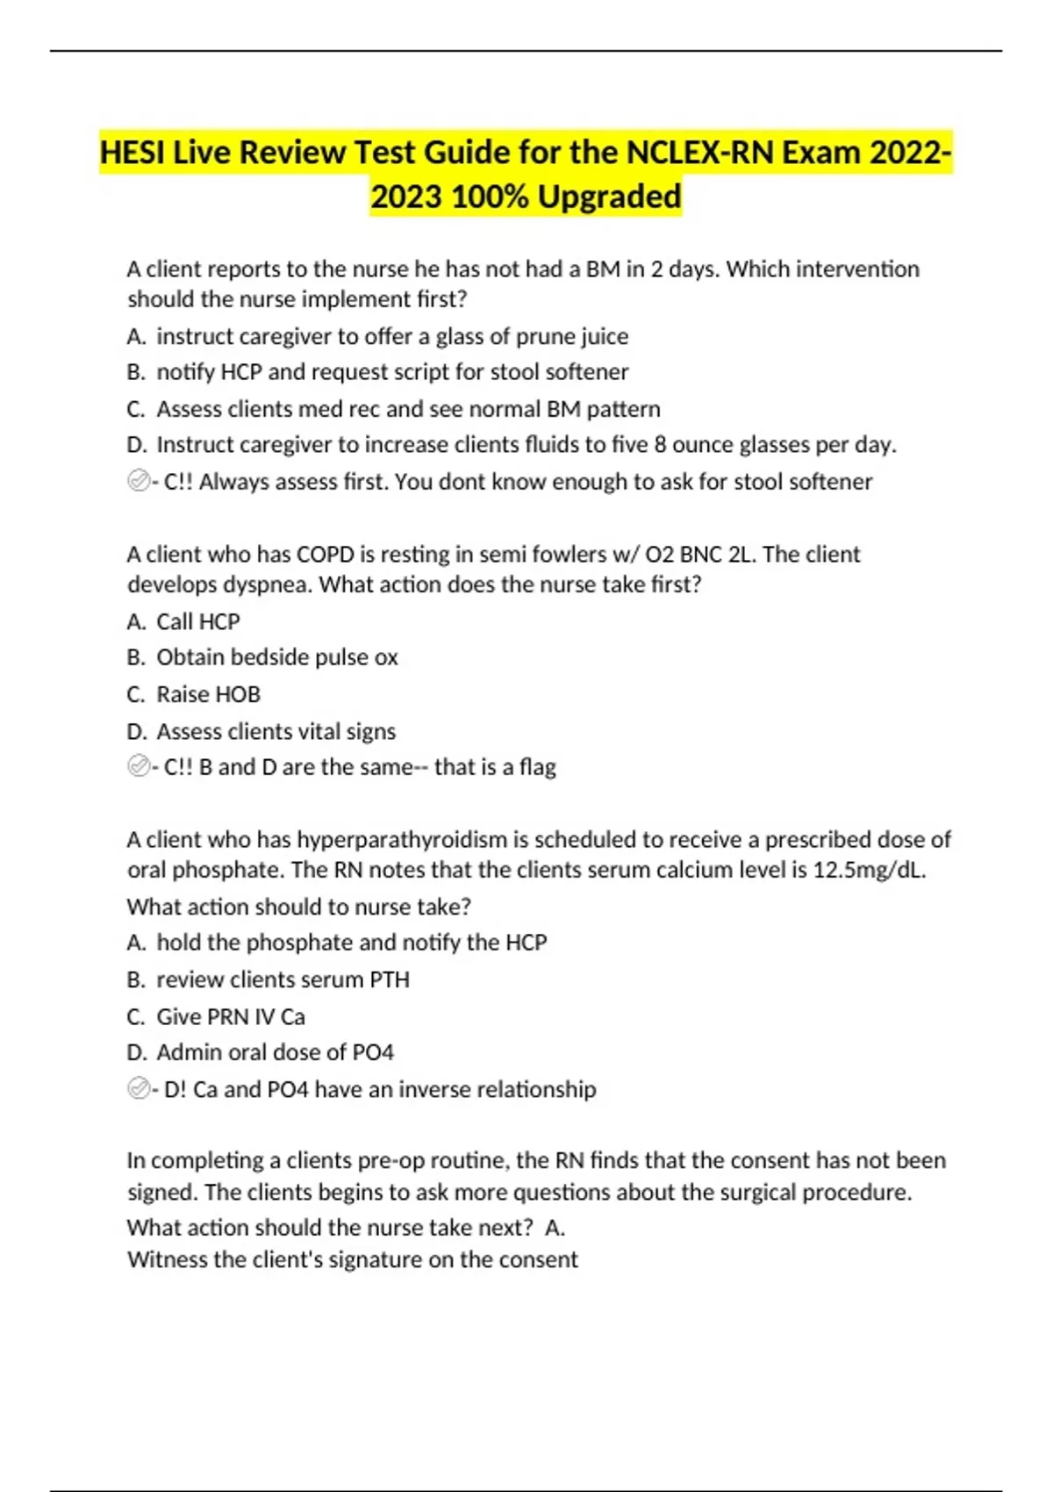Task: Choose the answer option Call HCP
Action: click(x=197, y=621)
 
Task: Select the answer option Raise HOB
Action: click(x=208, y=694)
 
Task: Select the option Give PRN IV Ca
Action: click(x=230, y=1016)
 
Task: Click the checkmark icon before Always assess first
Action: click(x=138, y=481)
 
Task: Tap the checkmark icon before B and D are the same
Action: click(x=138, y=766)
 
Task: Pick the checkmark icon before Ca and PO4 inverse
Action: click(x=138, y=1088)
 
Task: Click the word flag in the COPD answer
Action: click(x=537, y=767)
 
